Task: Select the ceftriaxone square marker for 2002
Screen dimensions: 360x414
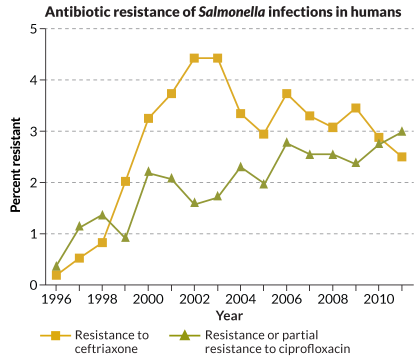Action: point(194,58)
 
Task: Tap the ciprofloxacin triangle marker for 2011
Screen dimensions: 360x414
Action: point(401,131)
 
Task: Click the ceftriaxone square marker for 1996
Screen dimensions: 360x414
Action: point(56,275)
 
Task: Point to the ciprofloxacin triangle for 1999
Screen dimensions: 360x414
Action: point(125,237)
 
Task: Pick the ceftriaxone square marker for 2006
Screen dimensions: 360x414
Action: point(286,93)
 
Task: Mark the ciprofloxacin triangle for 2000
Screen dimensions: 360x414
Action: point(148,172)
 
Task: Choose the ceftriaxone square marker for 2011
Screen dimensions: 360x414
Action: point(401,156)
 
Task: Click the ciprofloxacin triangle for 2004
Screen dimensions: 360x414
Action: point(240,167)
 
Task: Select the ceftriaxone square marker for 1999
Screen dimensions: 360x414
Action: point(125,181)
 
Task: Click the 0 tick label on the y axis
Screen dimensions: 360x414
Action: point(34,285)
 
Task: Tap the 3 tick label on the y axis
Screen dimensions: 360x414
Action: point(34,131)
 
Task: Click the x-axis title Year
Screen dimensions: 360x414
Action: point(229,316)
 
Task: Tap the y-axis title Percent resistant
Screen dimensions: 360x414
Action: point(15,165)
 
